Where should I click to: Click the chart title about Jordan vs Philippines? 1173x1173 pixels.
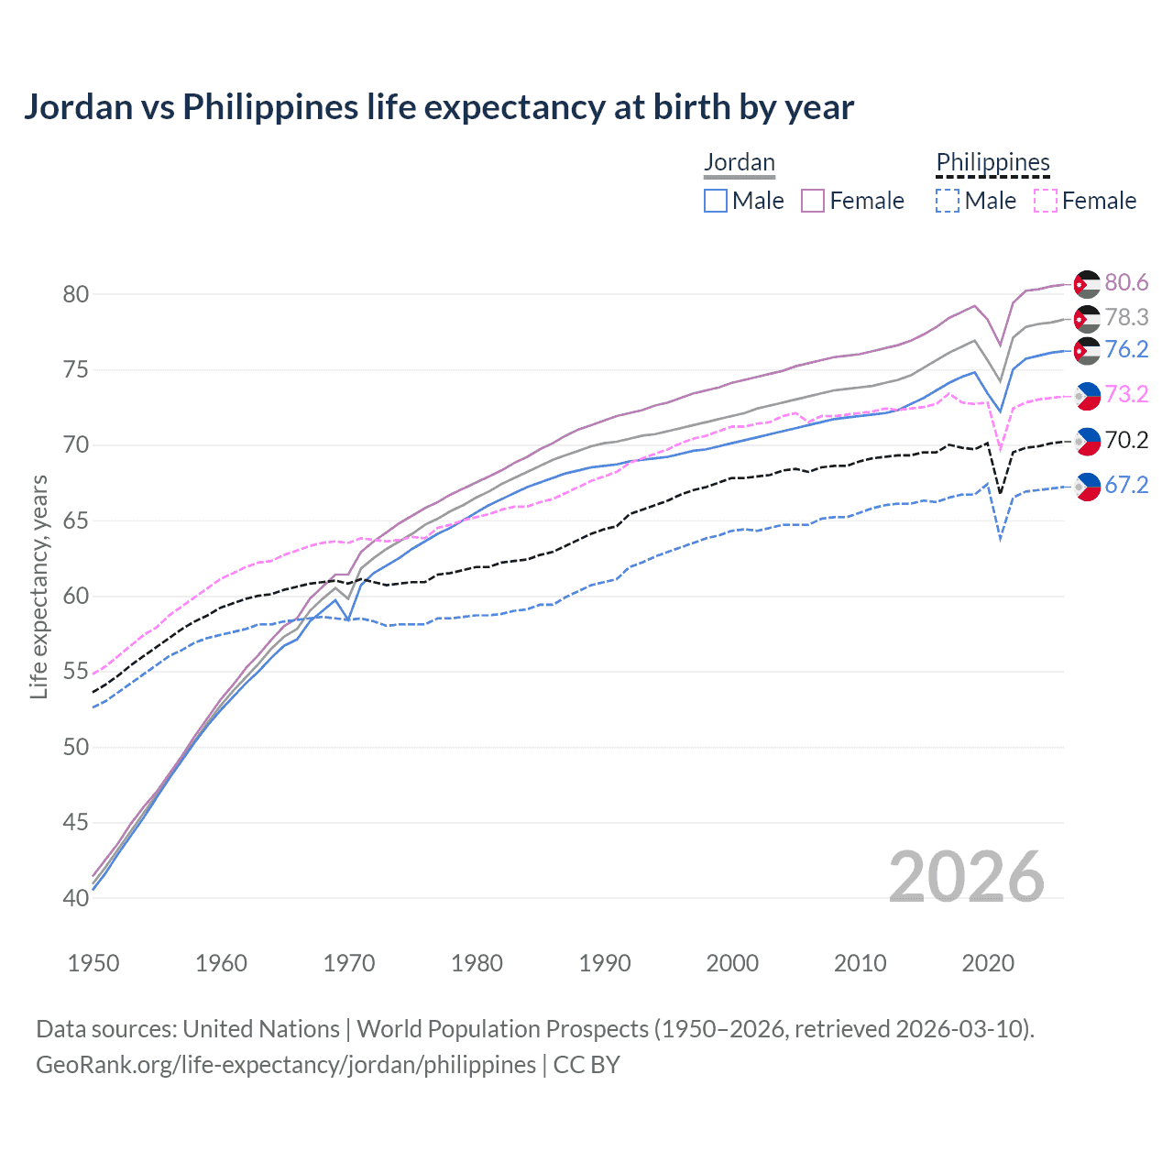coord(439,107)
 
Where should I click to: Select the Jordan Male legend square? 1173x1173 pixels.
coord(716,201)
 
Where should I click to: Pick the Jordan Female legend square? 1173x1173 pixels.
coord(813,201)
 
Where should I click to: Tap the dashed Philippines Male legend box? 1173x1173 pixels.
coord(948,201)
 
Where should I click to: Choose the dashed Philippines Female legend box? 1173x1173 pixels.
coord(1046,201)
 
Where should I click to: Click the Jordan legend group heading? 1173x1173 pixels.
coord(740,162)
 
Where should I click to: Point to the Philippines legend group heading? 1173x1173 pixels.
coord(992,162)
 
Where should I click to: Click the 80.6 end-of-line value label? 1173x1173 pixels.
coord(1126,283)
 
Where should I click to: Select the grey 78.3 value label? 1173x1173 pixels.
coord(1126,317)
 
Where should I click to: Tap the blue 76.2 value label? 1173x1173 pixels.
coord(1126,350)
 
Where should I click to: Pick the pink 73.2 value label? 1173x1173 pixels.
coord(1126,395)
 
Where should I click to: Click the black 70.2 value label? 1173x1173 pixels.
coord(1126,441)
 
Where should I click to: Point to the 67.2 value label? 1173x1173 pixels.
coord(1126,486)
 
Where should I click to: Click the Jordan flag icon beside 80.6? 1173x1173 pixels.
coord(1087,284)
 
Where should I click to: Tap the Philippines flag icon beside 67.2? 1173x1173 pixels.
coord(1087,486)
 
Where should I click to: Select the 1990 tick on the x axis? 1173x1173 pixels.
coord(605,963)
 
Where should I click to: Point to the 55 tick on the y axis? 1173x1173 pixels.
coord(76,672)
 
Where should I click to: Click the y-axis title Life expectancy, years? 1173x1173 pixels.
coord(38,586)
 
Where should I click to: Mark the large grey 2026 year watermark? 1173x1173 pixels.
coord(967,877)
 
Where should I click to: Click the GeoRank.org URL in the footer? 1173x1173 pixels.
coord(286,1065)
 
